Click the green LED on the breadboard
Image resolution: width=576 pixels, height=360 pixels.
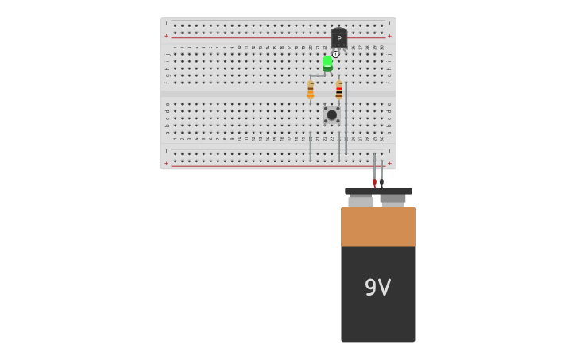(327, 63)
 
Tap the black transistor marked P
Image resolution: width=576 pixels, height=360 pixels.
(339, 38)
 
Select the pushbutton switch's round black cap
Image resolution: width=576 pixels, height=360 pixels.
(332, 115)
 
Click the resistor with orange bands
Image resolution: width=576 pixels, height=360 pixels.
(311, 90)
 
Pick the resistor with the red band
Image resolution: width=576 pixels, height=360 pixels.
(339, 90)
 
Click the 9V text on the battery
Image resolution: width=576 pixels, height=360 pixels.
(377, 288)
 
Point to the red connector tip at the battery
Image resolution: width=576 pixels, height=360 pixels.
(374, 183)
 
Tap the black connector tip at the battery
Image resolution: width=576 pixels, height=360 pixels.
(381, 183)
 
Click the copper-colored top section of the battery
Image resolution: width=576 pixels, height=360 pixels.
(377, 226)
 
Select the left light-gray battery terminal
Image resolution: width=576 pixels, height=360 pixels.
(361, 201)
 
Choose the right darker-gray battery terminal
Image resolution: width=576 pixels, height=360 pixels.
(392, 199)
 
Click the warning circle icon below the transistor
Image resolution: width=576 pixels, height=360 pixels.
(335, 54)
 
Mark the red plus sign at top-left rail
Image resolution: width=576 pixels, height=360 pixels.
(166, 36)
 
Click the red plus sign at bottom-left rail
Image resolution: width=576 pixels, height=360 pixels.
(166, 164)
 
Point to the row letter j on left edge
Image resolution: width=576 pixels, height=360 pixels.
(167, 53)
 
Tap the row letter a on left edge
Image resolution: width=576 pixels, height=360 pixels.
(167, 133)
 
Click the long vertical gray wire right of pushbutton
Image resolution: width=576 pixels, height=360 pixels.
(346, 119)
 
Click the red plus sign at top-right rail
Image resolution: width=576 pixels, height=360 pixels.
(389, 36)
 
